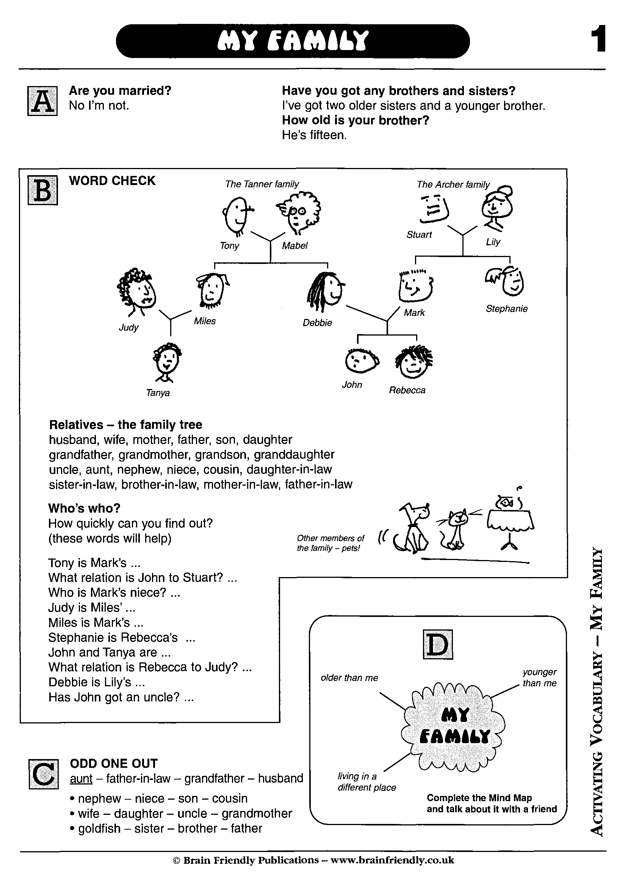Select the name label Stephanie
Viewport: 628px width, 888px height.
pyautogui.click(x=507, y=309)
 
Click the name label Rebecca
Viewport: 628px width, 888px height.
pyautogui.click(x=407, y=390)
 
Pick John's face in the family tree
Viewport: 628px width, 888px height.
pyautogui.click(x=361, y=361)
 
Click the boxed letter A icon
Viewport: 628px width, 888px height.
pyautogui.click(x=42, y=101)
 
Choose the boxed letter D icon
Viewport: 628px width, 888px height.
pyautogui.click(x=438, y=644)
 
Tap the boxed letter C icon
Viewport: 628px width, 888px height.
pyautogui.click(x=44, y=774)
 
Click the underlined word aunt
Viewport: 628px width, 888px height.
pyautogui.click(x=81, y=778)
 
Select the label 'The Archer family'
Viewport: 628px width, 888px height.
pyautogui.click(x=453, y=185)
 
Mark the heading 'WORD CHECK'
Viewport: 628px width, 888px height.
pyautogui.click(x=112, y=180)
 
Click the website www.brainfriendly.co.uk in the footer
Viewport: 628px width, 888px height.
pyautogui.click(x=392, y=860)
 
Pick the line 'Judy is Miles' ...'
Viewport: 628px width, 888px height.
pyautogui.click(x=92, y=607)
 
